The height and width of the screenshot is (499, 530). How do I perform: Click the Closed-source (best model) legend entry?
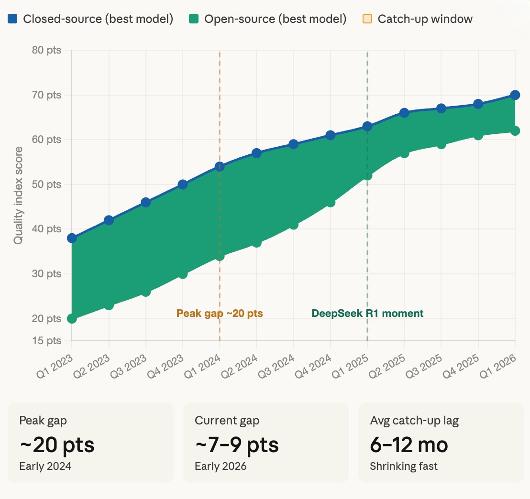click(x=91, y=19)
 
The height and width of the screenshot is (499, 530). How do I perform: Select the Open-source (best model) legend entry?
click(x=267, y=19)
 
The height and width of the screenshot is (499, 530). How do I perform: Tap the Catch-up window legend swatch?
click(x=367, y=19)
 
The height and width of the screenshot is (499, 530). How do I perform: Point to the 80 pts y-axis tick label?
click(x=47, y=50)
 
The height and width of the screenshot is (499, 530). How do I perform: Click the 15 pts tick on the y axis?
click(x=47, y=341)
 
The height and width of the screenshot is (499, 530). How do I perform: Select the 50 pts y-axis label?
click(x=47, y=184)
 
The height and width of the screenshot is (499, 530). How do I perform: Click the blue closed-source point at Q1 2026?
click(x=515, y=95)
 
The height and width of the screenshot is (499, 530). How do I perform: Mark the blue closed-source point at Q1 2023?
click(x=72, y=238)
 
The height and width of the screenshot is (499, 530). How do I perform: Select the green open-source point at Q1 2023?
click(x=72, y=319)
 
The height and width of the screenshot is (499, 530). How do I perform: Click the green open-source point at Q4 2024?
click(x=331, y=202)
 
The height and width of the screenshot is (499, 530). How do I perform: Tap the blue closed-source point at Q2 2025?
click(x=404, y=113)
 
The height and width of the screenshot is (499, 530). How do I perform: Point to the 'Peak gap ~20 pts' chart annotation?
click(x=220, y=314)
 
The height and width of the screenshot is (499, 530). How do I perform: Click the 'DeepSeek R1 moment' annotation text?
click(x=367, y=314)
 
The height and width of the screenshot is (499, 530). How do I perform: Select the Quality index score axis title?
click(x=18, y=196)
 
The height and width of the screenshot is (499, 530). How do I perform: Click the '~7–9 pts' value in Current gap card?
click(x=237, y=445)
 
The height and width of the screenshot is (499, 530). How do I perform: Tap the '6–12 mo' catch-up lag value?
click(x=409, y=445)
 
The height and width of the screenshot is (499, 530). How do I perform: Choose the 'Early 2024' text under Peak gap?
click(x=45, y=466)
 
